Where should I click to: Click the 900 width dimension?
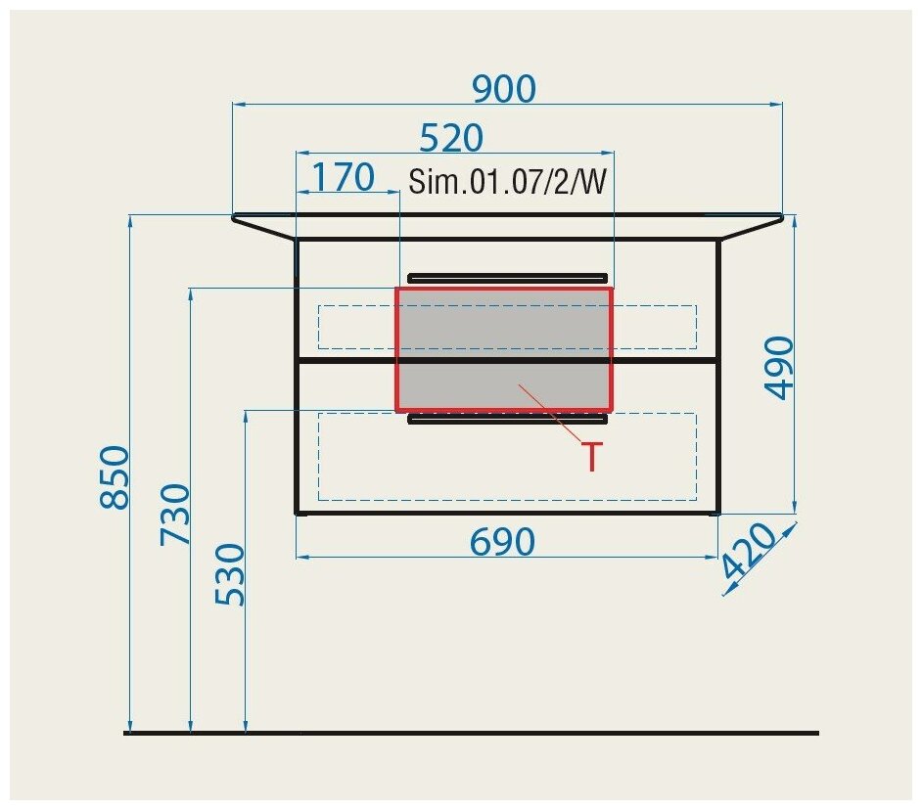pos(504,89)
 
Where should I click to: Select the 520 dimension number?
pos(451,138)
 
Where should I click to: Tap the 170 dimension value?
pos(343,177)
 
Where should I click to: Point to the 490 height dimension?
pos(780,367)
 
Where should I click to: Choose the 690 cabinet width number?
pos(502,541)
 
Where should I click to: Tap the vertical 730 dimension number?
pos(176,516)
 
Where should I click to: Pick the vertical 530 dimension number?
pos(231,574)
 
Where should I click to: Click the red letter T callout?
pos(591,457)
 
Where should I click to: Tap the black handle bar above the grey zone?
pos(507,277)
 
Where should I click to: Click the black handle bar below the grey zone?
pos(507,420)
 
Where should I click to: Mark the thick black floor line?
pos(470,733)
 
